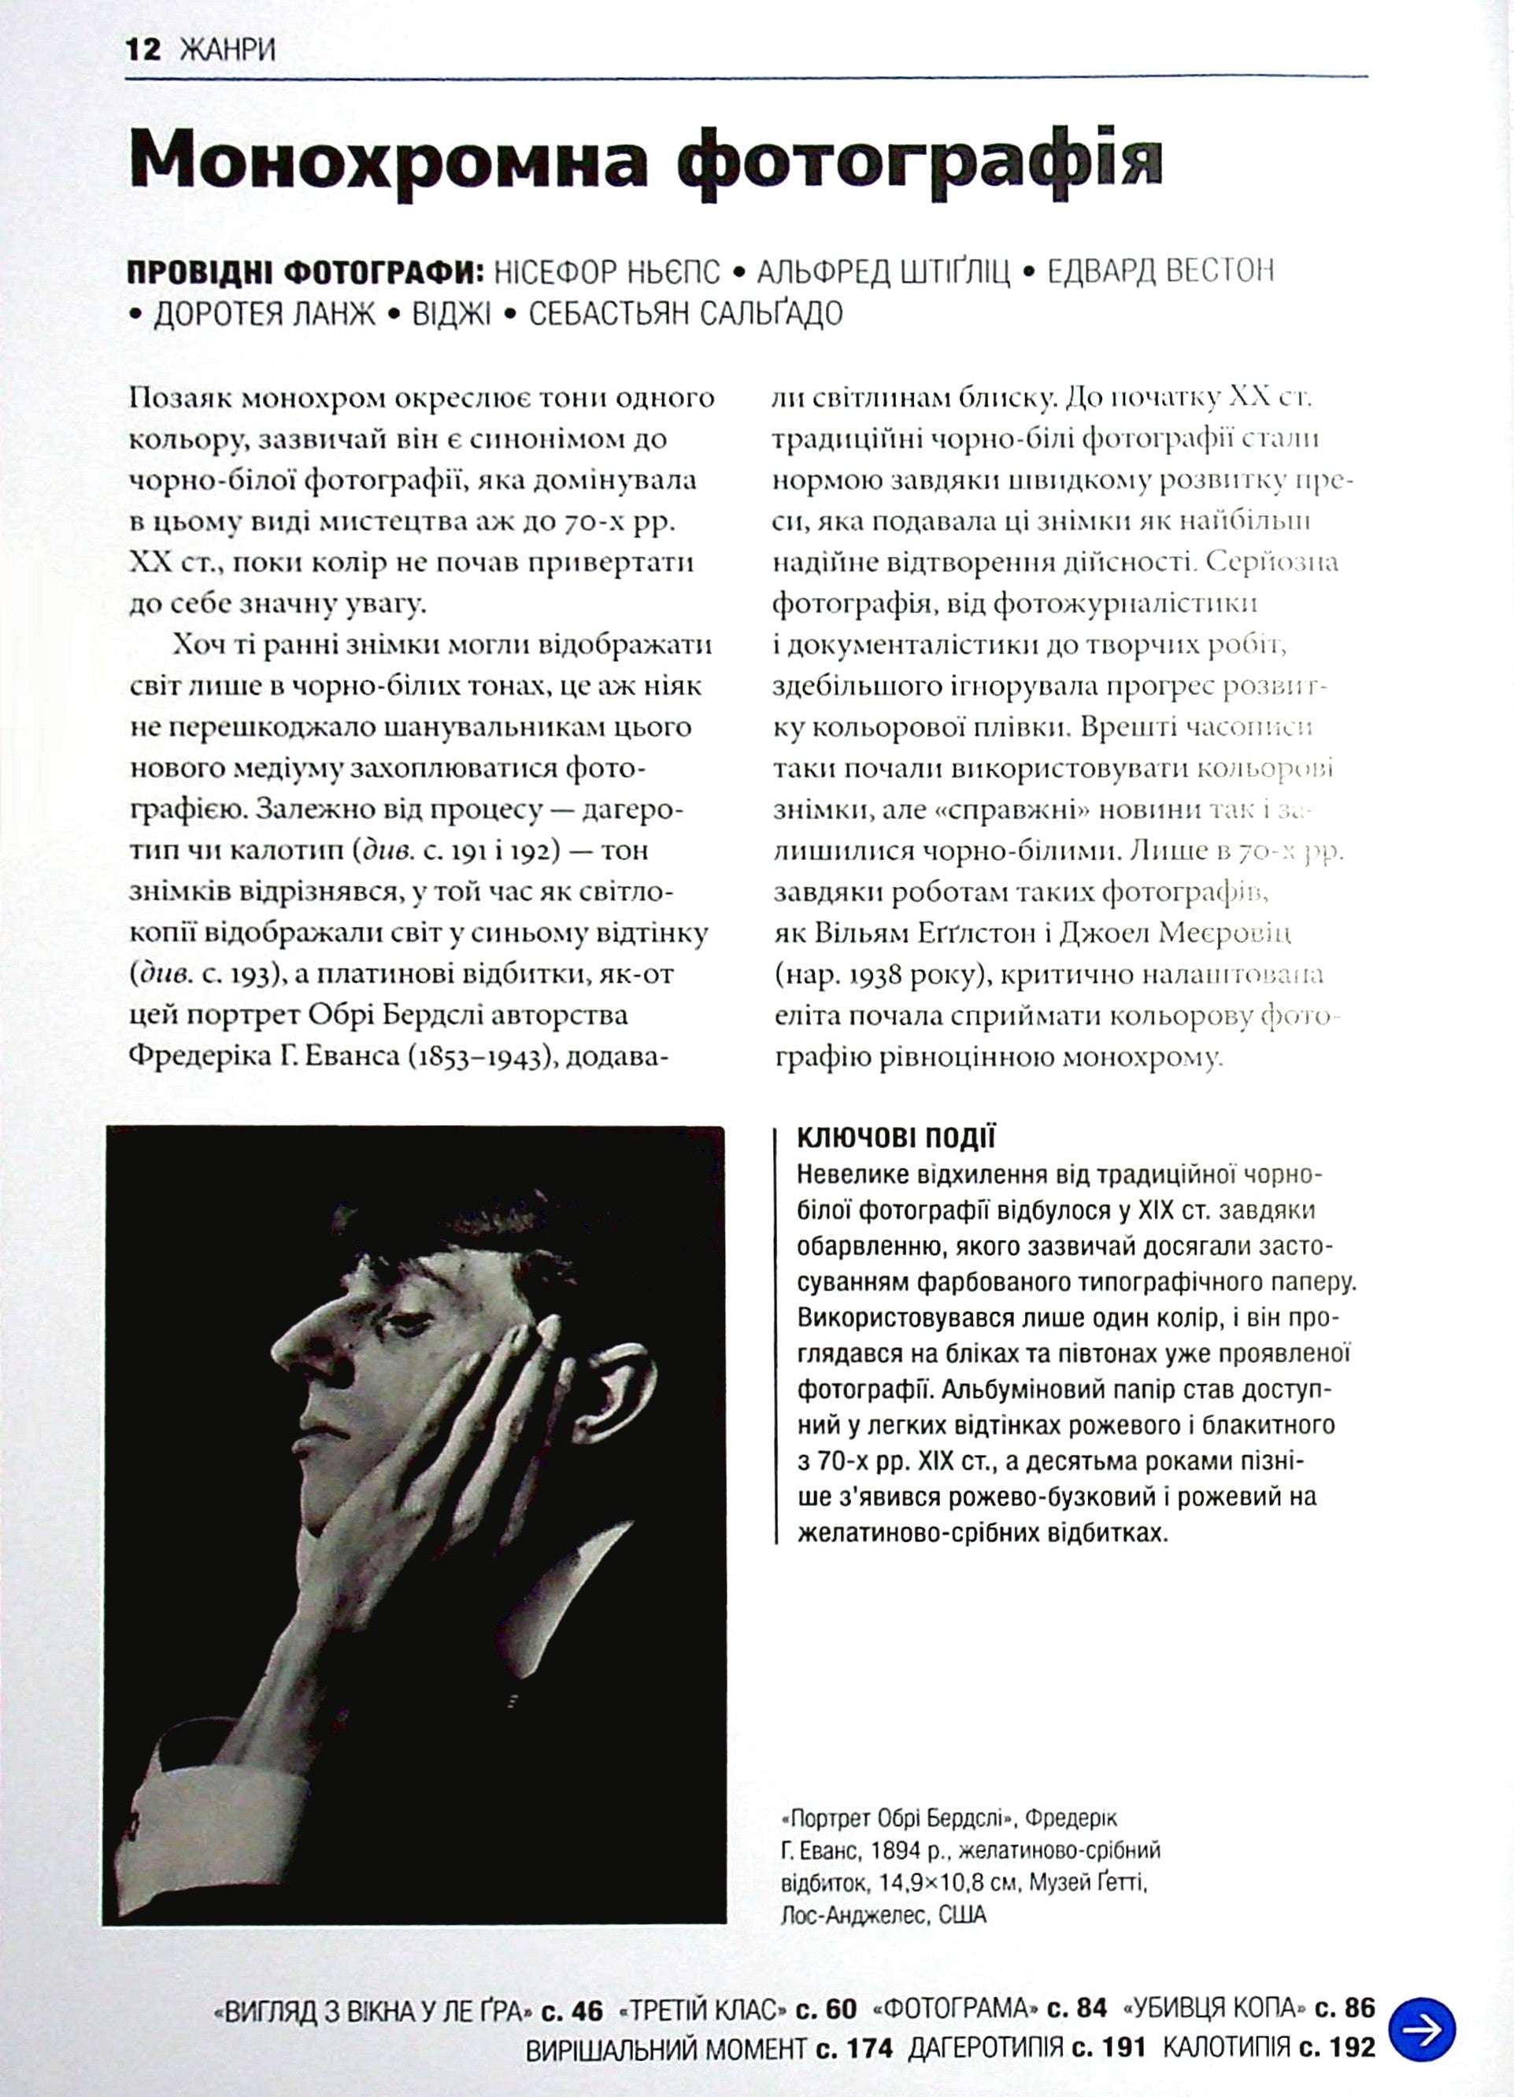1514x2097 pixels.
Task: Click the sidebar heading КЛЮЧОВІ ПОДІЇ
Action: (895, 1138)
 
